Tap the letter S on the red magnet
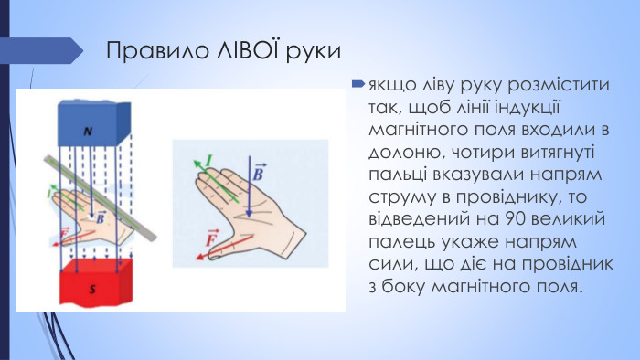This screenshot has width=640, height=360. click(x=91, y=289)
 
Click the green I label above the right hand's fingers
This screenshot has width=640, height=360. click(x=208, y=163)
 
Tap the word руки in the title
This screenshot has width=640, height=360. click(x=314, y=50)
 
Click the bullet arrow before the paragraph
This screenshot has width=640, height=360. click(x=358, y=84)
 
